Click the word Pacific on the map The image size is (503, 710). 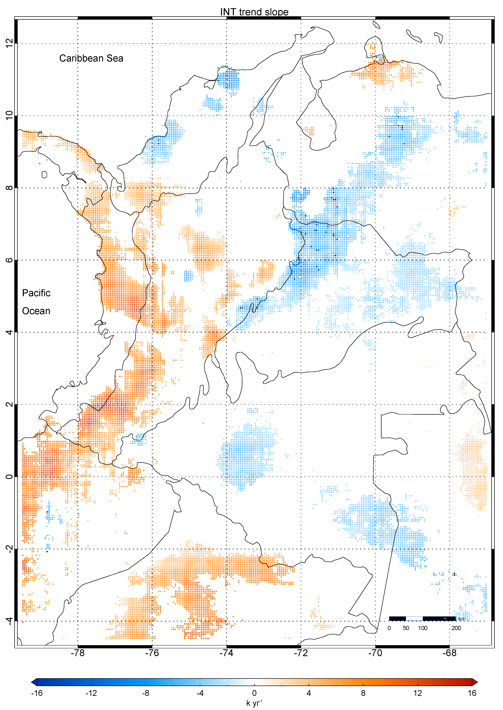[x=36, y=293]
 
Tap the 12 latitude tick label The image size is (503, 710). [x=9, y=43]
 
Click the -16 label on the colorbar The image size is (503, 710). [x=37, y=693]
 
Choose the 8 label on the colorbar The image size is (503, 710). [x=363, y=693]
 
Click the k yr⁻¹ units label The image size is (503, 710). [x=254, y=703]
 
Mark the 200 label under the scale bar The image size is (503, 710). [x=456, y=628]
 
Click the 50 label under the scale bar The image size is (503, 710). [x=406, y=628]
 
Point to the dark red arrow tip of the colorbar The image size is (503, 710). [x=475, y=682]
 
